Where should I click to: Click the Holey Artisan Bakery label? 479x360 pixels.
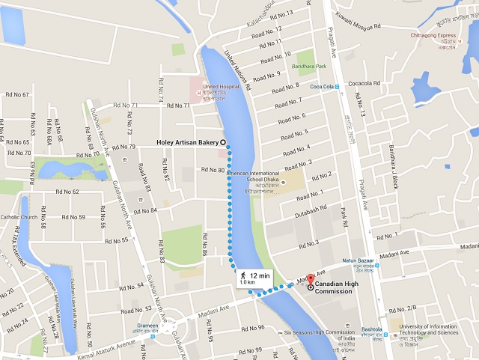click(x=186, y=142)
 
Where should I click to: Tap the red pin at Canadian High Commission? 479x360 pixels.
click(x=311, y=277)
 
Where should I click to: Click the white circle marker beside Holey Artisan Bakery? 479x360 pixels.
click(x=223, y=142)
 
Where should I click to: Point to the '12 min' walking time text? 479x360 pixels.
click(x=259, y=275)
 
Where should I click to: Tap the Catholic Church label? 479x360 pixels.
click(x=19, y=218)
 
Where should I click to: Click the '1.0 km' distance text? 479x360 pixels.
click(x=247, y=283)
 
